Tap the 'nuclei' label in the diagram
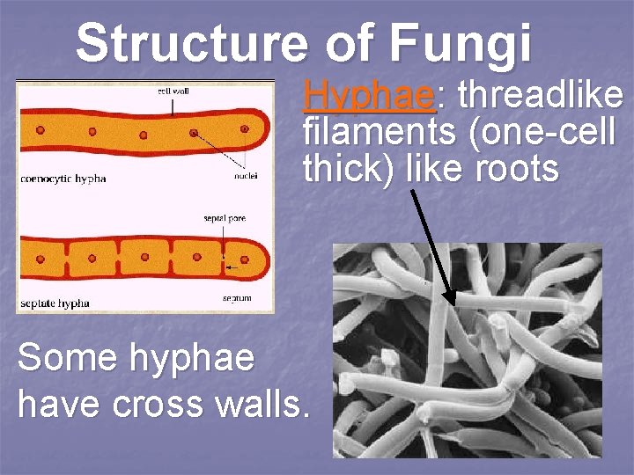pos(246,175)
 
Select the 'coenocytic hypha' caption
pos(64,179)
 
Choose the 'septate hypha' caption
pos(55,303)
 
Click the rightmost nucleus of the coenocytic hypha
pos(244,128)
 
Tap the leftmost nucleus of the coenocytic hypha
pos(40,130)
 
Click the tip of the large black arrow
pos(452,303)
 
